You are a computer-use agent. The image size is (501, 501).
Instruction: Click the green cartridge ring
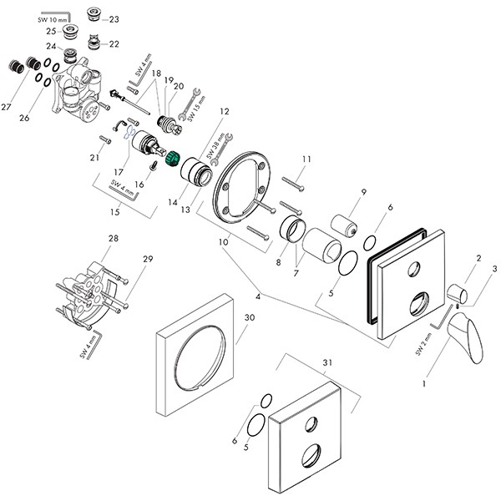175,157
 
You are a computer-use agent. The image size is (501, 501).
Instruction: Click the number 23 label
114,19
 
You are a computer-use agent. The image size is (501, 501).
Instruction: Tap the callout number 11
306,159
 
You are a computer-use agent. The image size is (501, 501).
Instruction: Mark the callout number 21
94,157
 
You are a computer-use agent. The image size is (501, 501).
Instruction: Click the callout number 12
224,111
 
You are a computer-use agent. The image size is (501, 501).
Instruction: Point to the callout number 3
494,269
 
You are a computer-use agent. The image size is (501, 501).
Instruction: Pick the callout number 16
140,183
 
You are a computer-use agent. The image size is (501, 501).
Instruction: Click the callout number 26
24,119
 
